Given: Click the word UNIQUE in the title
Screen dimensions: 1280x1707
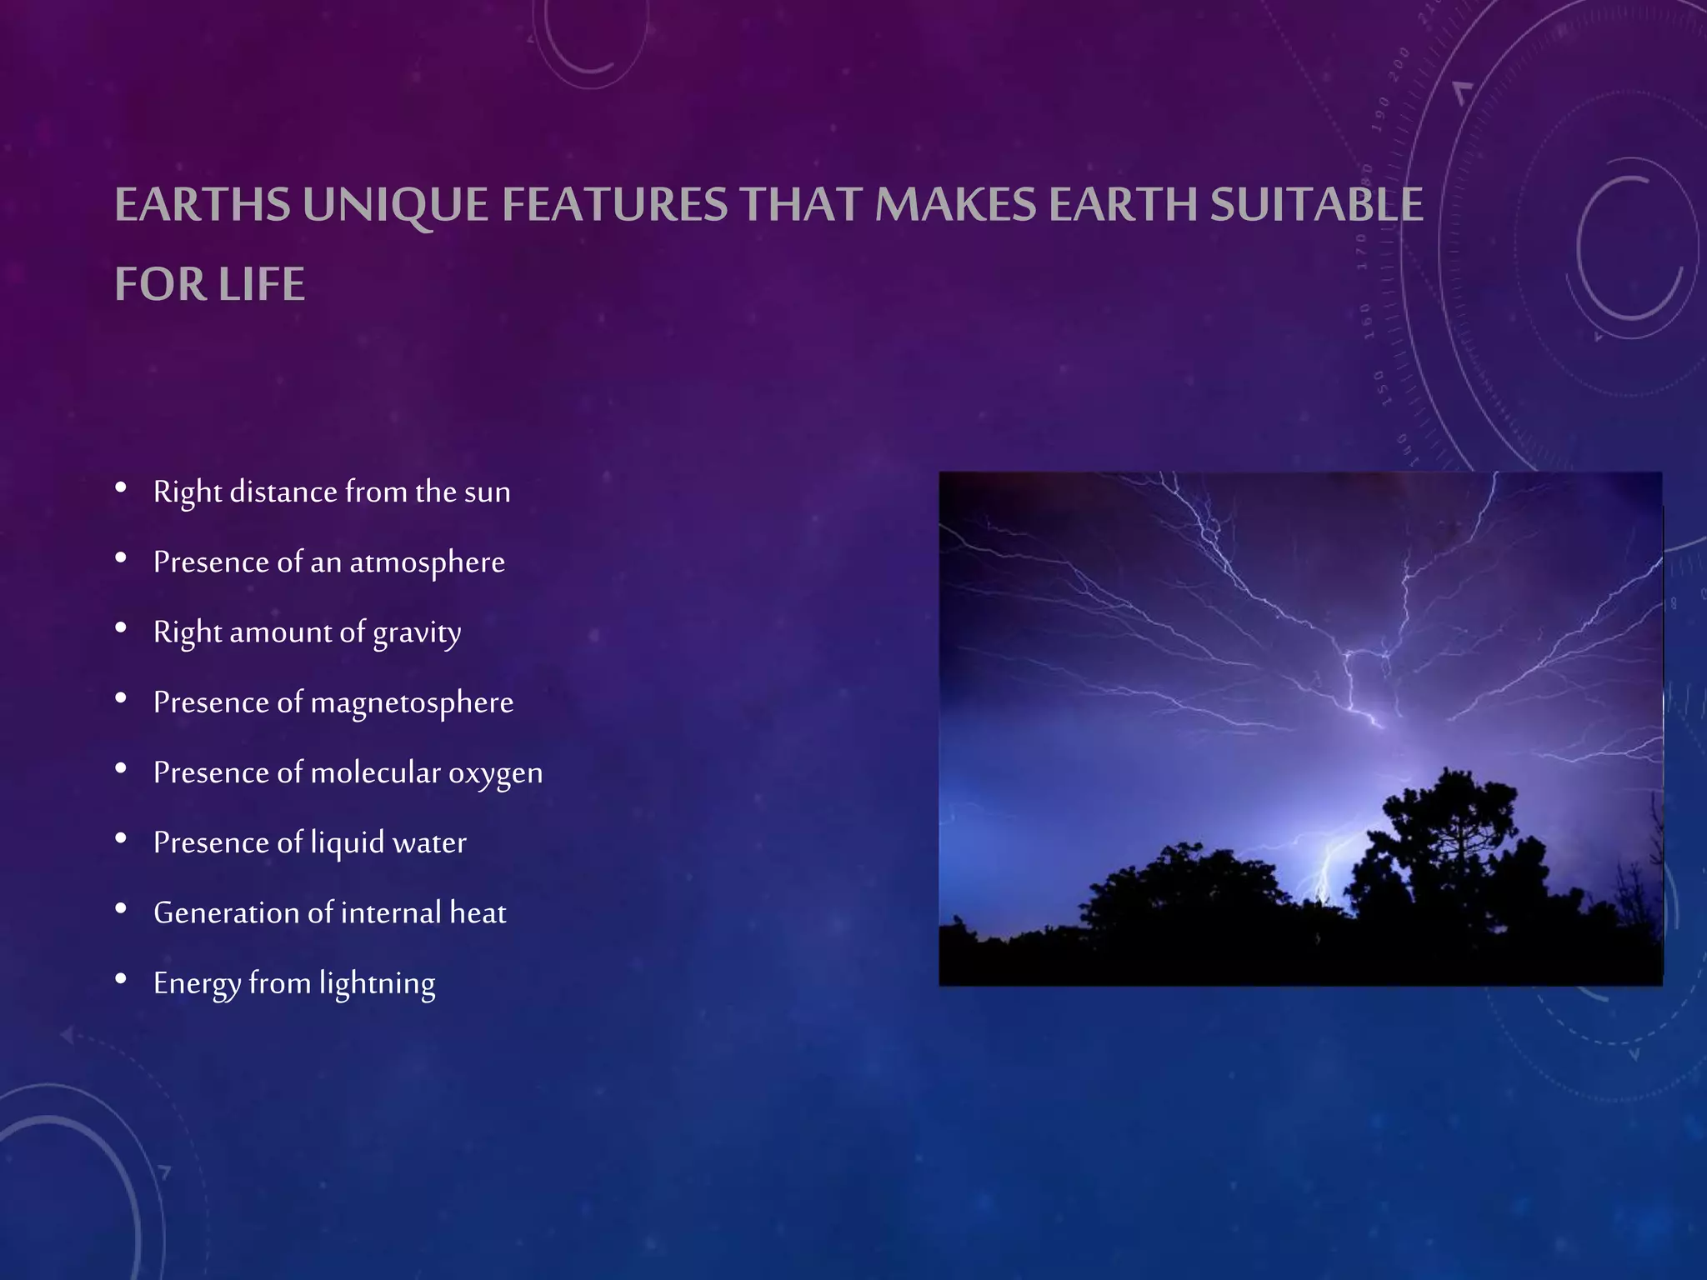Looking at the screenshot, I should [x=395, y=205].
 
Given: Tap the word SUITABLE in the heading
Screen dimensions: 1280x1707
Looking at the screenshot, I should [x=1316, y=205].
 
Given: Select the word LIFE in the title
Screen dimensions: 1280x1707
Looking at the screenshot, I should [x=262, y=285].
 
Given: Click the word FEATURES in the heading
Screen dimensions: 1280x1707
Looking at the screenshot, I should [x=614, y=205].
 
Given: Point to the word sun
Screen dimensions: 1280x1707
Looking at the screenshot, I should [x=487, y=492].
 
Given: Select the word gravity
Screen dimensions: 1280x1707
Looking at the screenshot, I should [x=416, y=633].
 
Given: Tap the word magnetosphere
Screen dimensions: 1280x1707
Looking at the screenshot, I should [x=412, y=702].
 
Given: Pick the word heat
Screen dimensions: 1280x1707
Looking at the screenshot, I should [x=478, y=912].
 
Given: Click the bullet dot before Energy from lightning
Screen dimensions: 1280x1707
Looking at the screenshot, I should [x=122, y=979].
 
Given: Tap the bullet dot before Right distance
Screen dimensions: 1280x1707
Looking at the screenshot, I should [x=122, y=488].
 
